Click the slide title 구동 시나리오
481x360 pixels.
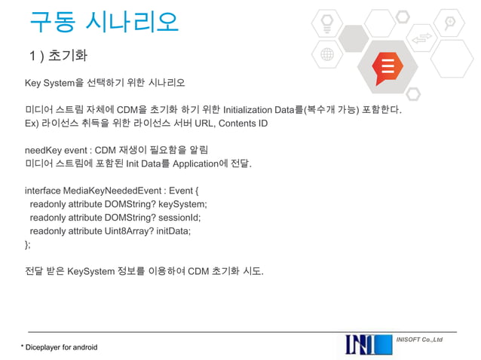pos(104,22)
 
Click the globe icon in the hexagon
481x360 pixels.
pos(327,56)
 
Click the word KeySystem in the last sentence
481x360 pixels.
pos(90,271)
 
